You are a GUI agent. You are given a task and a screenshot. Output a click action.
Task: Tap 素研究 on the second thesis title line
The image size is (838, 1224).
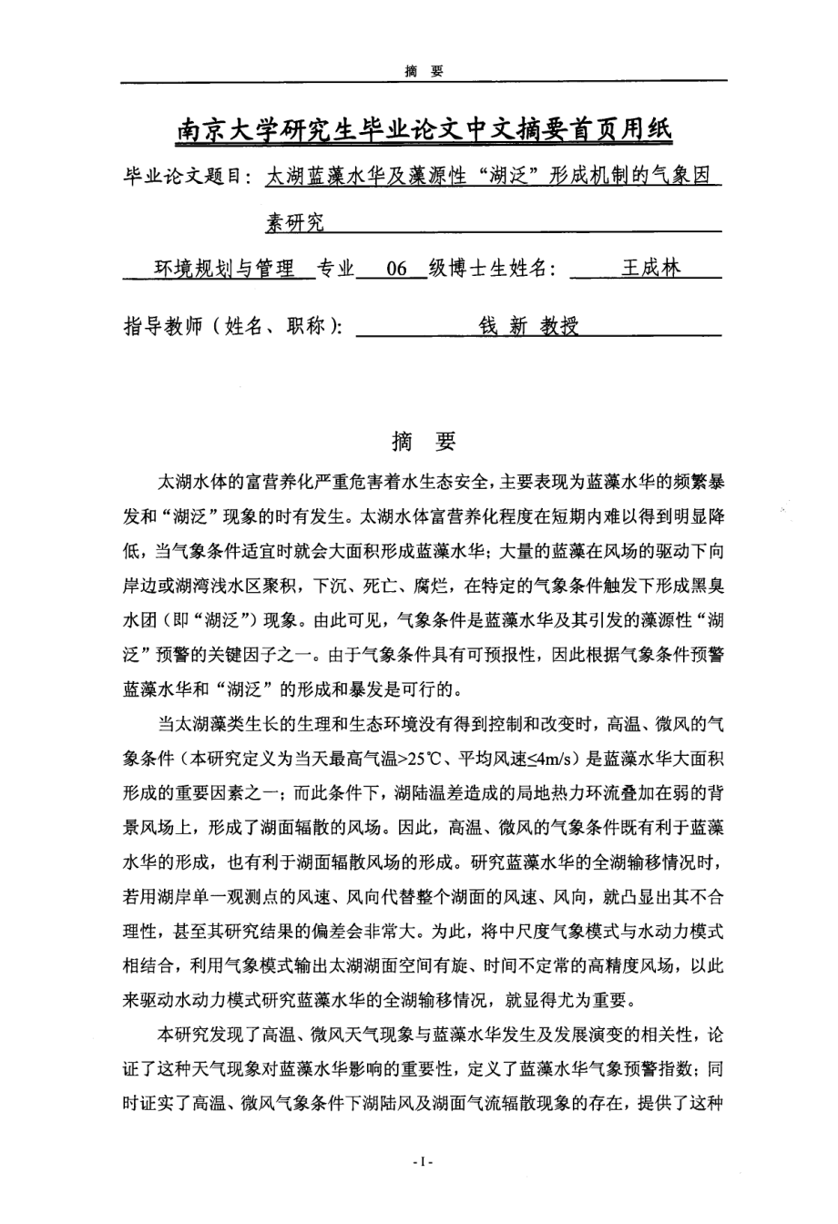click(x=294, y=221)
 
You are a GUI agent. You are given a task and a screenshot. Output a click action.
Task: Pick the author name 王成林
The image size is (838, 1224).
click(x=649, y=269)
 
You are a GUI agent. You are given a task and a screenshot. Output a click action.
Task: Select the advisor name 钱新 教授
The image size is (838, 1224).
click(x=528, y=327)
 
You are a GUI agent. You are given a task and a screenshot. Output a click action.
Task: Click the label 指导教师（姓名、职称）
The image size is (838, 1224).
click(x=232, y=327)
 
